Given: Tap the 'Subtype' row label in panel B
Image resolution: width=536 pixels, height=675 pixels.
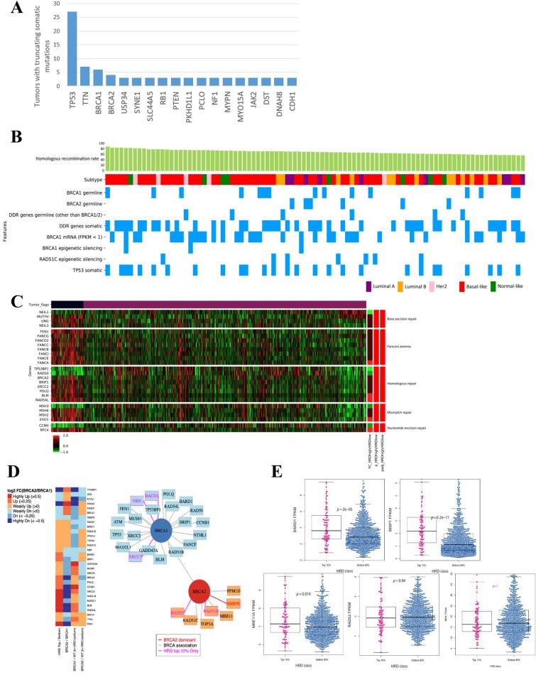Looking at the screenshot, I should click(x=90, y=180).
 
